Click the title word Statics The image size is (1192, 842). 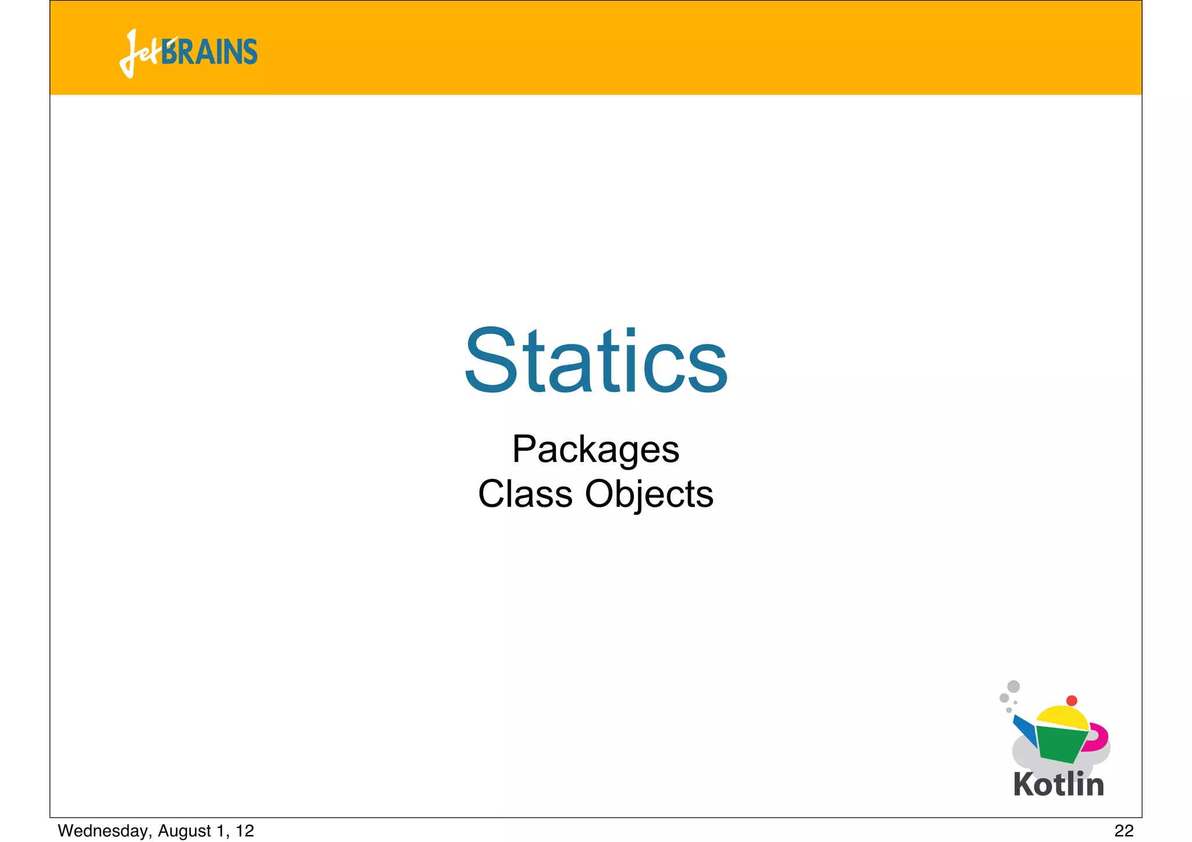pyautogui.click(x=595, y=361)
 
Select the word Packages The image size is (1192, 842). pyautogui.click(x=595, y=450)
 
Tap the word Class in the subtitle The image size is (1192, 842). pyautogui.click(x=525, y=494)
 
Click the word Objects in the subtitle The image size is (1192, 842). pyautogui.click(x=649, y=495)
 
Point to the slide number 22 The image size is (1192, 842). pyautogui.click(x=1124, y=831)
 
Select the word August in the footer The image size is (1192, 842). pyautogui.click(x=185, y=831)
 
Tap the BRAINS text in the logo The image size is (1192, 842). pyautogui.click(x=210, y=52)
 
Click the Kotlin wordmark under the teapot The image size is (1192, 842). pyautogui.click(x=1058, y=784)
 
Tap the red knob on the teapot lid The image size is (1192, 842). pyautogui.click(x=1072, y=701)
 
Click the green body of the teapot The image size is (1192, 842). pyautogui.click(x=1060, y=744)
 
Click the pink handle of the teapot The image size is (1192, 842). pyautogui.click(x=1098, y=736)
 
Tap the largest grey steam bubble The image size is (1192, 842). pyautogui.click(x=1013, y=687)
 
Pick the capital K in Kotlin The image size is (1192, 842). pyautogui.click(x=1025, y=784)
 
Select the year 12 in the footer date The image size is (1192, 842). pyautogui.click(x=245, y=831)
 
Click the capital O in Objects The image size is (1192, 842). pyautogui.click(x=599, y=494)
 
